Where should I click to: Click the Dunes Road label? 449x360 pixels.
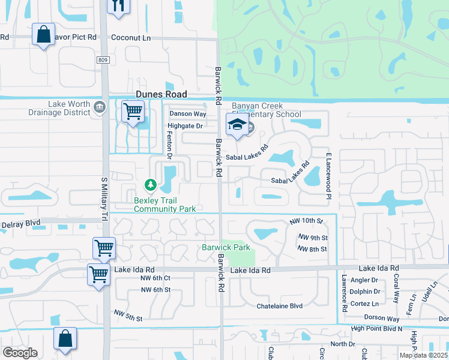tap(161, 94)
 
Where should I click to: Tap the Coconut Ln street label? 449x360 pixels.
tap(131, 37)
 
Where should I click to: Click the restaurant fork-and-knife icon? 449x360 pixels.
tap(118, 5)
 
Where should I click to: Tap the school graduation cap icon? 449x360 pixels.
tap(237, 125)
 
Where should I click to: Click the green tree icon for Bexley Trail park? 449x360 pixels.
tap(151, 184)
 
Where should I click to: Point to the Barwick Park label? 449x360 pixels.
tap(226, 247)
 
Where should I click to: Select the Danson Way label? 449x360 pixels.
tap(187, 113)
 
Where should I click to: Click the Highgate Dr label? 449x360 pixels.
tap(185, 126)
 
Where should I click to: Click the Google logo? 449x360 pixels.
tap(20, 352)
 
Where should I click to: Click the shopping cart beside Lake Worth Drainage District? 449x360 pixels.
tap(132, 111)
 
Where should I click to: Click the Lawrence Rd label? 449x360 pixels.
tap(345, 293)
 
